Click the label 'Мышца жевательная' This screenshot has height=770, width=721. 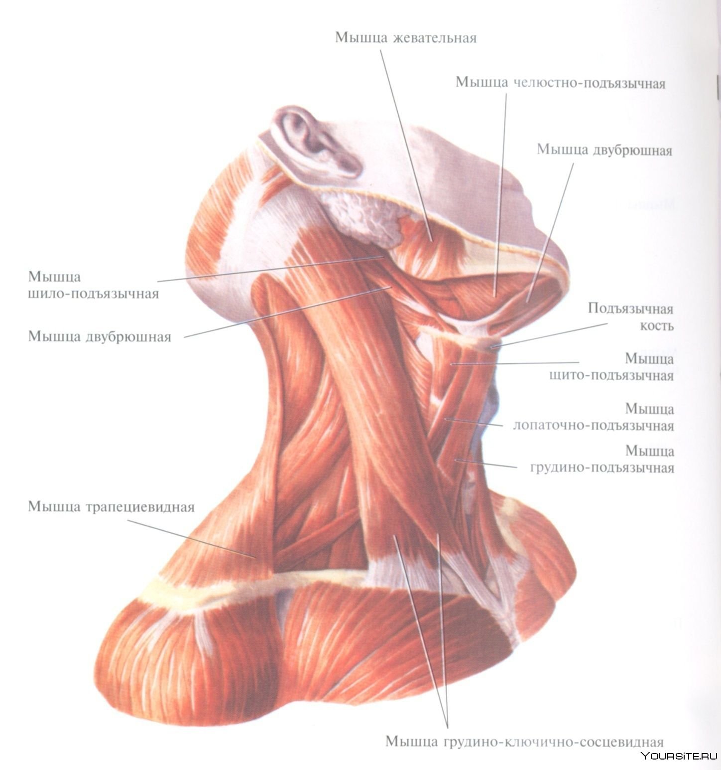[x=405, y=38]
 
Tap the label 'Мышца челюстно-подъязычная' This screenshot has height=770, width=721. [x=560, y=82]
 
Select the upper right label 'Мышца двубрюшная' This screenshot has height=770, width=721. [x=604, y=150]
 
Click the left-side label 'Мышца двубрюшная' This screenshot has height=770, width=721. [x=100, y=336]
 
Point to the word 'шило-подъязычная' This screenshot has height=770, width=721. [x=94, y=294]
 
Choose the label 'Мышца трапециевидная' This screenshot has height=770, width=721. [x=111, y=507]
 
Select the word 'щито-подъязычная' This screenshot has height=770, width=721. [x=611, y=375]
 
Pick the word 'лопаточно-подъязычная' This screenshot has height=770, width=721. [x=594, y=426]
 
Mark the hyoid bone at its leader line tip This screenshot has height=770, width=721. [x=491, y=346]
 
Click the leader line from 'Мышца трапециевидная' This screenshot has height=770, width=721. [x=192, y=539]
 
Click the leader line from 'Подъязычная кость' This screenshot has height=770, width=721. [x=549, y=335]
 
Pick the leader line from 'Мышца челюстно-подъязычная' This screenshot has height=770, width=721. [x=500, y=194]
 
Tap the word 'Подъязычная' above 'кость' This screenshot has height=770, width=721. [x=630, y=309]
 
